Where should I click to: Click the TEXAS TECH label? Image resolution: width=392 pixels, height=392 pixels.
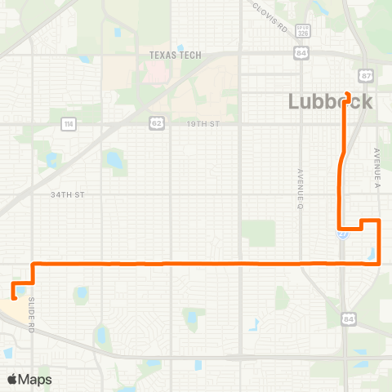[x=175, y=56]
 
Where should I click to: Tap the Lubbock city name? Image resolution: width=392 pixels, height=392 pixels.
[x=331, y=102]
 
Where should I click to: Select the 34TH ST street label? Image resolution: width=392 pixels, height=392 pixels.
[x=68, y=195]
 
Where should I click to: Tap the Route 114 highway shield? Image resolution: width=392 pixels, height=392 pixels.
[x=66, y=123]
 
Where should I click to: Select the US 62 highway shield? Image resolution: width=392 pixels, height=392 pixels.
[x=154, y=123]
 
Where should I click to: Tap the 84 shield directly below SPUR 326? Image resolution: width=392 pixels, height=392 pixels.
[x=302, y=53]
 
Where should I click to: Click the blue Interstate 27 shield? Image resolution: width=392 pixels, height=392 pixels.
[x=344, y=233]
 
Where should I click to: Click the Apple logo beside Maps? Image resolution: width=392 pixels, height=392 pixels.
[x=12, y=379]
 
